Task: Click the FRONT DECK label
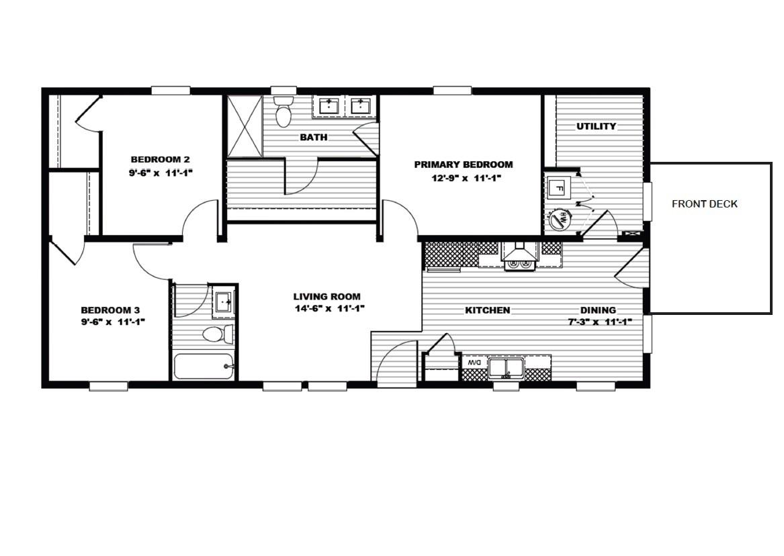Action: tap(704, 204)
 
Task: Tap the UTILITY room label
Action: tap(596, 126)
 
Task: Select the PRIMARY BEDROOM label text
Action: tap(463, 165)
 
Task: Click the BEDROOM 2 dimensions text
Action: tap(160, 172)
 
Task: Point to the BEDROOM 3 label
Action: tap(110, 310)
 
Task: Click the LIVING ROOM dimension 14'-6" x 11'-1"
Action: tap(327, 309)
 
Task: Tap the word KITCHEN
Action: tap(488, 310)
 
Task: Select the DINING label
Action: tap(598, 310)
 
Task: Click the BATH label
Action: tap(314, 138)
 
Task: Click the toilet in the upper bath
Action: tap(284, 113)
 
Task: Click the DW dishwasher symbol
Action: tap(474, 363)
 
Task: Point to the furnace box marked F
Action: tap(558, 189)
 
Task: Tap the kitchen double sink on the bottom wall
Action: tap(507, 367)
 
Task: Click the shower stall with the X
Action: tap(244, 126)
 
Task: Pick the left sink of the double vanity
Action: tap(329, 106)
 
